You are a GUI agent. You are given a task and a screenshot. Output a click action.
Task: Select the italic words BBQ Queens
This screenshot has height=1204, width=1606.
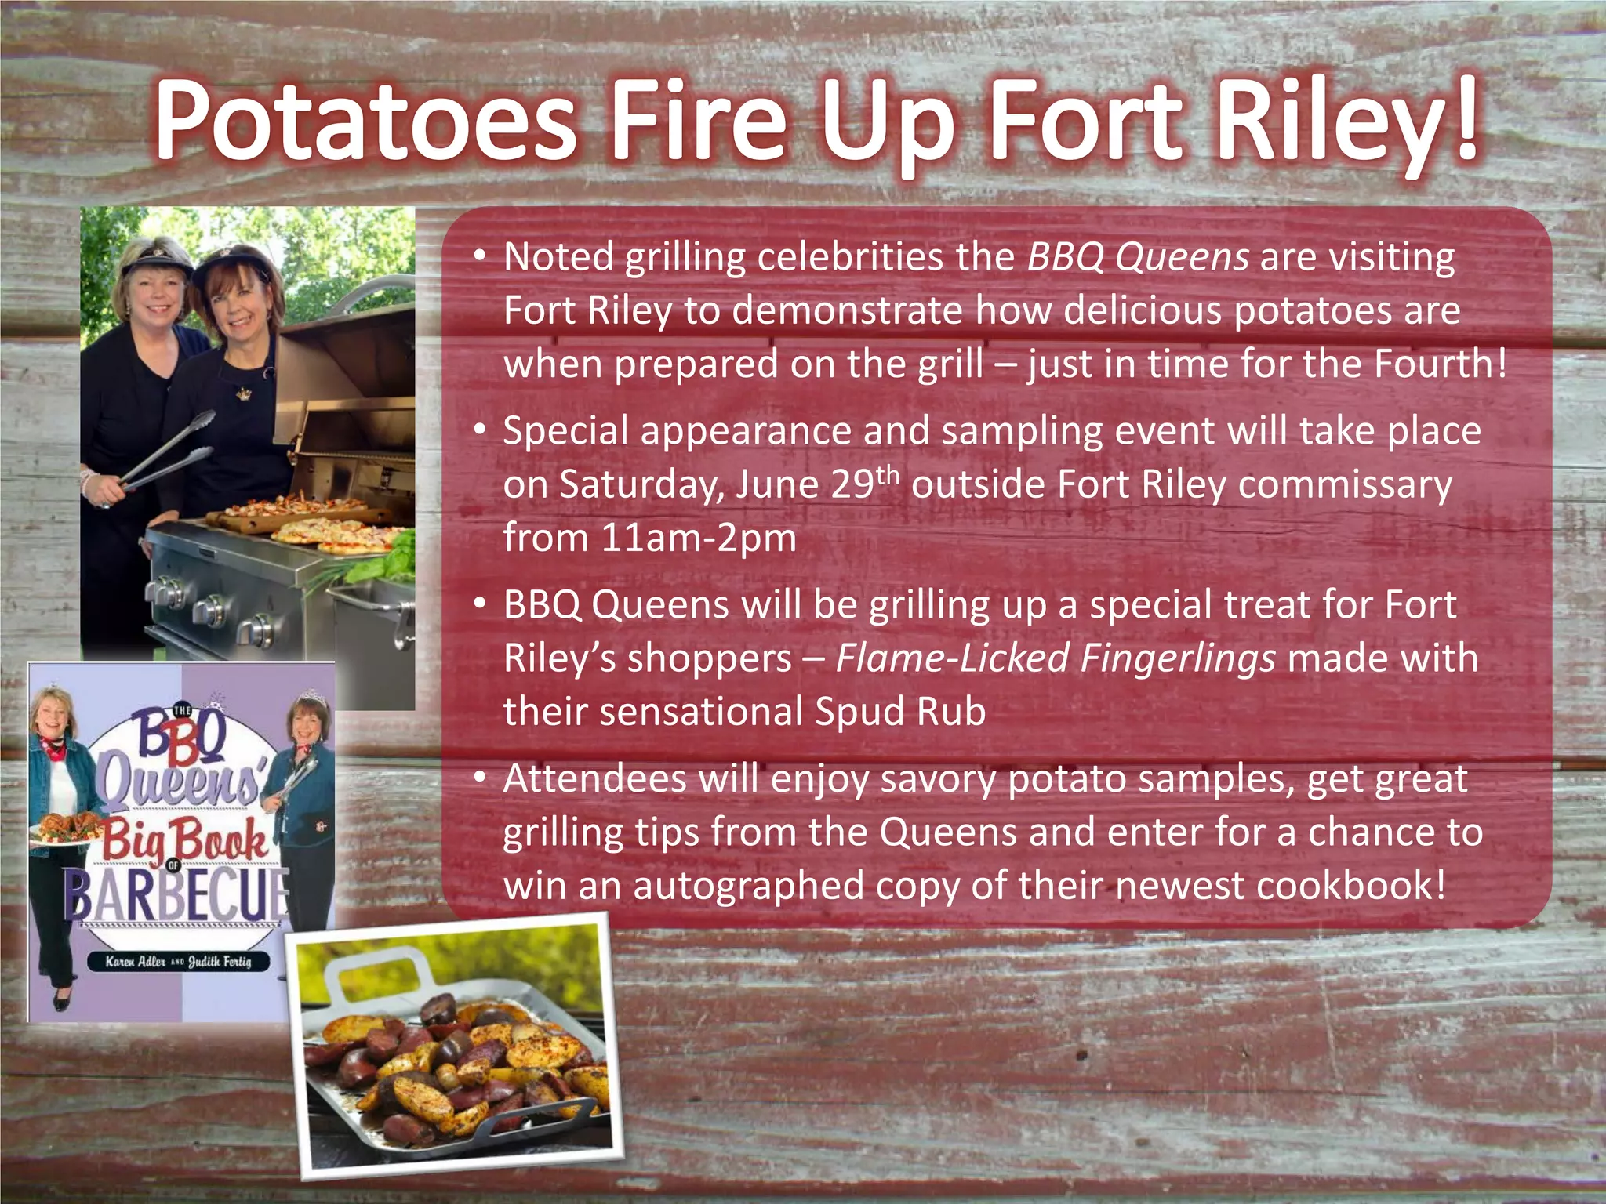[x=1137, y=256]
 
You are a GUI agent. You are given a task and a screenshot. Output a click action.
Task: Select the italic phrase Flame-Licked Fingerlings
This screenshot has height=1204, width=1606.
[x=1055, y=658]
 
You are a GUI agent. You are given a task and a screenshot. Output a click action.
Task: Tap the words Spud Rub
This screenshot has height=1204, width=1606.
[x=900, y=711]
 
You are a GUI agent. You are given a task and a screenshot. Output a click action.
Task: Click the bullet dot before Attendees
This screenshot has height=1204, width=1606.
[x=479, y=778]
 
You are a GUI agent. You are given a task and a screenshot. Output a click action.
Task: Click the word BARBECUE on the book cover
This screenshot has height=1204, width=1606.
[x=179, y=895]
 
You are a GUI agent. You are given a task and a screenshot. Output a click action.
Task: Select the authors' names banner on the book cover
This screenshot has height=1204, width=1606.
[x=178, y=961]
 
